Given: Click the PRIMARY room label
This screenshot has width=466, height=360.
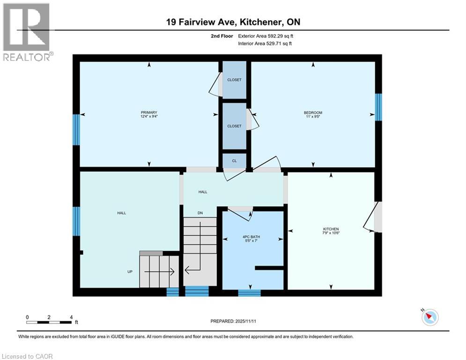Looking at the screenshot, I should (x=149, y=112).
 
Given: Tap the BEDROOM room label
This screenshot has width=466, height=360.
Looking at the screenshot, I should (x=313, y=112).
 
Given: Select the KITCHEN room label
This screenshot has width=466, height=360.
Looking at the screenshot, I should (x=331, y=229).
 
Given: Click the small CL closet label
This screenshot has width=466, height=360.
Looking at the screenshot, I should (x=234, y=161).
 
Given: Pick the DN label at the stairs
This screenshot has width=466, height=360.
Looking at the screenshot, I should (x=200, y=213).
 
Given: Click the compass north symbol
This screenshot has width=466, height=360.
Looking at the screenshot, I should (x=429, y=317).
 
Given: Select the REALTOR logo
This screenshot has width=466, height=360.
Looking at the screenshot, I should (x=27, y=31).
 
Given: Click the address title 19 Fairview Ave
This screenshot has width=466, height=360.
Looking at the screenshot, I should (x=233, y=22).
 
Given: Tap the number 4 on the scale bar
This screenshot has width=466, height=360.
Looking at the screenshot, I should (x=71, y=317).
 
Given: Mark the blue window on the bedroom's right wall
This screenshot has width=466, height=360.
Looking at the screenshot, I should (x=378, y=107).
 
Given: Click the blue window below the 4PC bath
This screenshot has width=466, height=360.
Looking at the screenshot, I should (x=249, y=293).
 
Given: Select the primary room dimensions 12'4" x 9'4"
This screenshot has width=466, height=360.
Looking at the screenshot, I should (x=149, y=117).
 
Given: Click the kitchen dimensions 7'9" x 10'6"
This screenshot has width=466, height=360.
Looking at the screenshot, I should (x=331, y=233).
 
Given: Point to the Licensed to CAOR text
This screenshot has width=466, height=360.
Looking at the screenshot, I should (x=27, y=356).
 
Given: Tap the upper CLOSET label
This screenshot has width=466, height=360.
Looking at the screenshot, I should (x=234, y=80).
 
